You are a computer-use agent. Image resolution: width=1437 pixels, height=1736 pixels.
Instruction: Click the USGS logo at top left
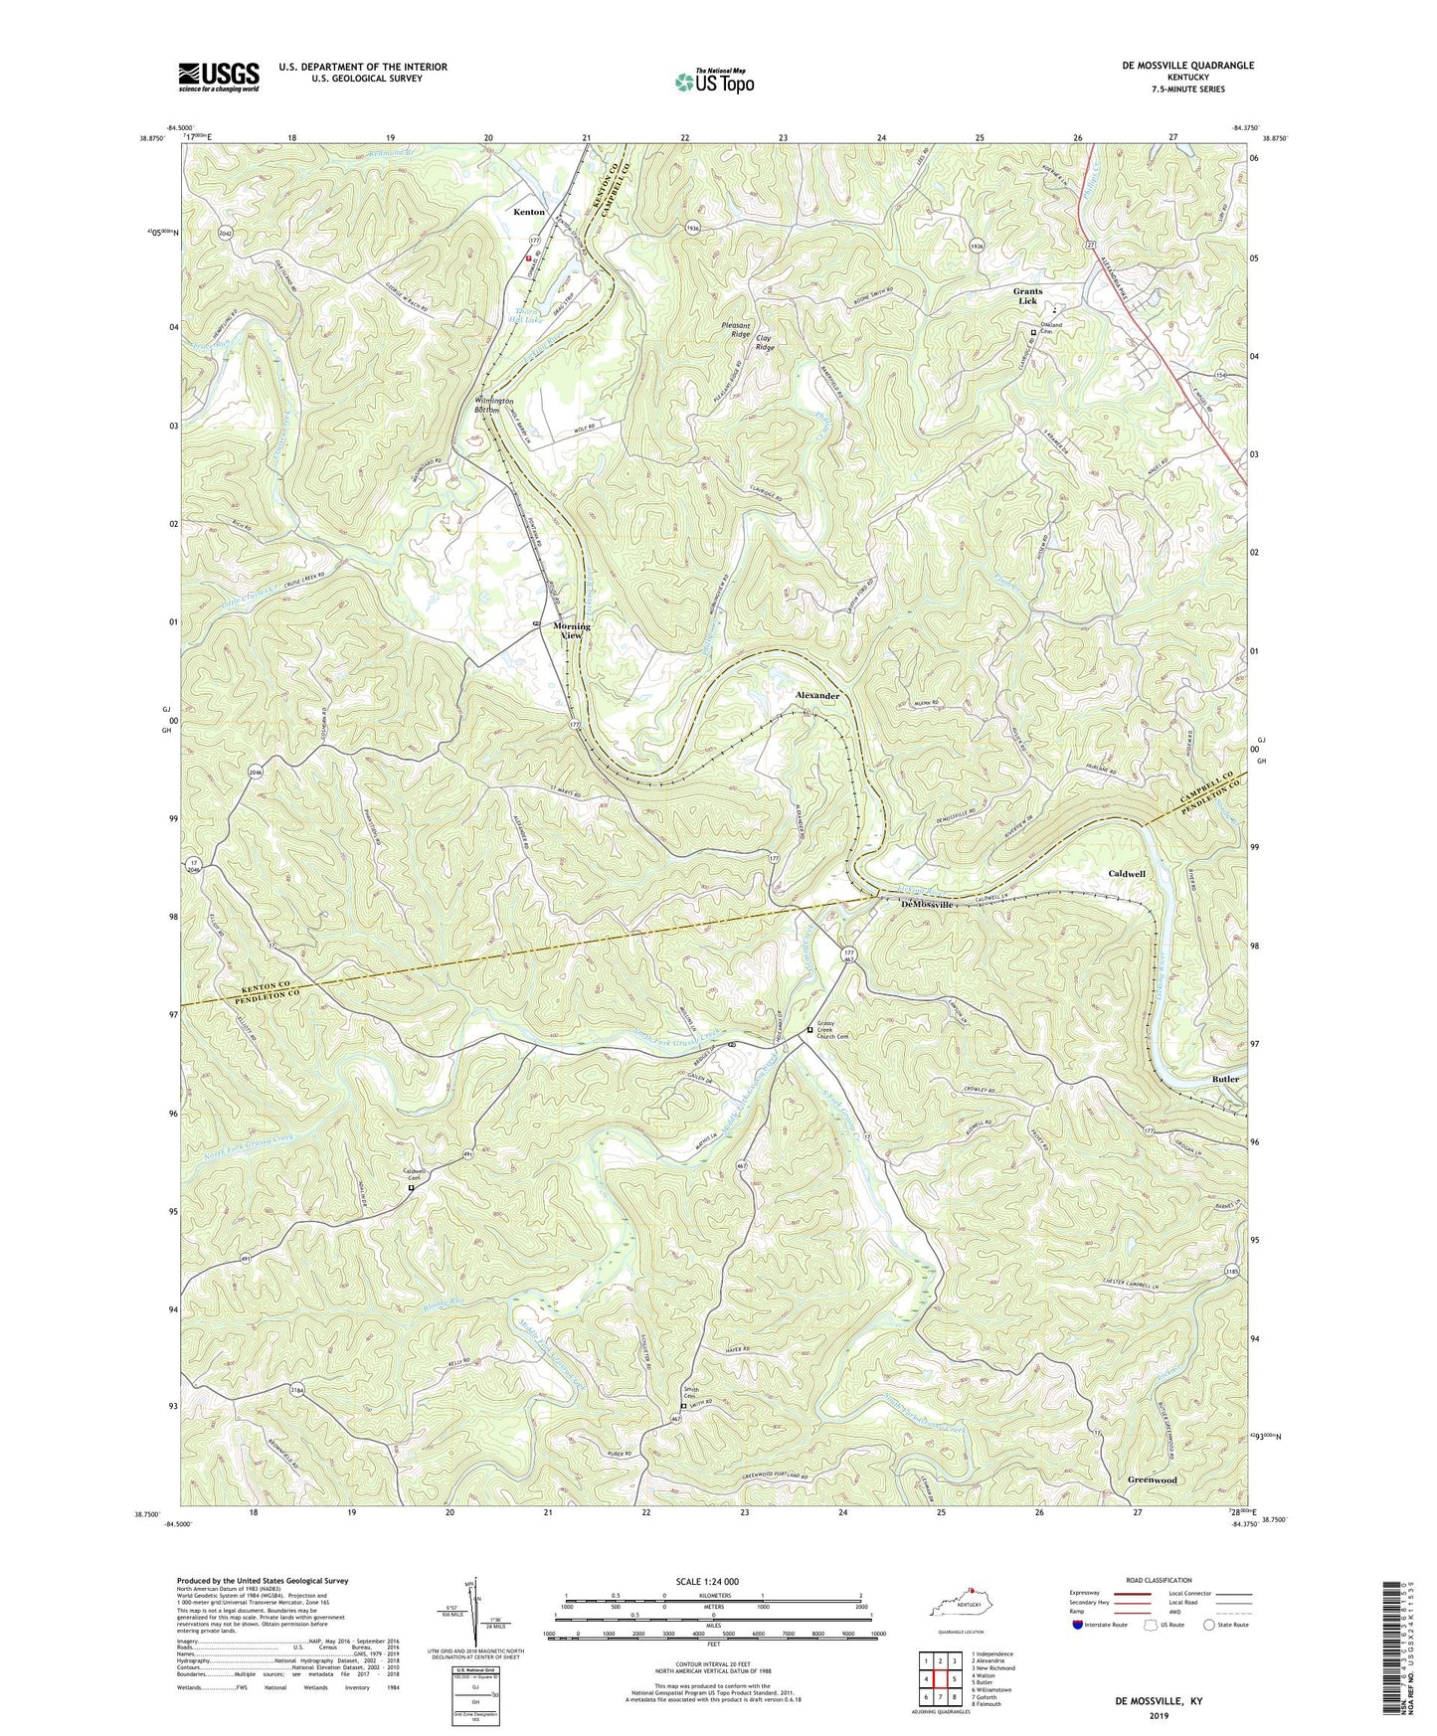(219, 77)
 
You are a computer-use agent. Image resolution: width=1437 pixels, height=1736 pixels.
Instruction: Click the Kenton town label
(528, 212)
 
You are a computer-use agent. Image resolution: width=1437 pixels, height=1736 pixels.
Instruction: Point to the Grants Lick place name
(1026, 295)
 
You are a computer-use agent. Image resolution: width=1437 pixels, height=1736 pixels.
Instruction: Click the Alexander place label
(817, 696)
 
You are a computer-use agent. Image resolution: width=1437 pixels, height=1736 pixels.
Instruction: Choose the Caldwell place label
(1127, 874)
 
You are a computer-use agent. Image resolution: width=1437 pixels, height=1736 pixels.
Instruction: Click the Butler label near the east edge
(1225, 1079)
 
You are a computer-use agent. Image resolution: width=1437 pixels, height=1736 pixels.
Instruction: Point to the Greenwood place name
(1152, 1479)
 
